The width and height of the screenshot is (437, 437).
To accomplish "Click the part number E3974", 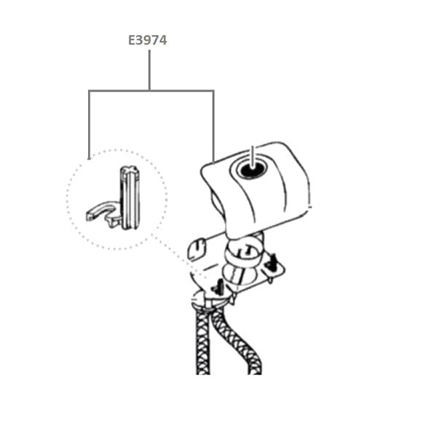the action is (x=147, y=40).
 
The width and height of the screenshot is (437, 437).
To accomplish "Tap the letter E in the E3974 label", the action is (x=131, y=40).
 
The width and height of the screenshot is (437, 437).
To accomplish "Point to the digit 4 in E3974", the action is (x=163, y=40).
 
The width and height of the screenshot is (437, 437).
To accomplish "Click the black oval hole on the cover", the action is (x=252, y=169).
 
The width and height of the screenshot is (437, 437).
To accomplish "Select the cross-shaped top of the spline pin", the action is (x=130, y=170).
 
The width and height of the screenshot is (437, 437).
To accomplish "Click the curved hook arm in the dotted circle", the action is (x=100, y=210).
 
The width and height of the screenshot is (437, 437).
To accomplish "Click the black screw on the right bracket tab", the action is (x=271, y=262).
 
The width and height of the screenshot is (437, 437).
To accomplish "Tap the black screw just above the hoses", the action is (x=218, y=287).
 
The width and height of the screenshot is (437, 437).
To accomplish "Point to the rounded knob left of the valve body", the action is (x=197, y=248).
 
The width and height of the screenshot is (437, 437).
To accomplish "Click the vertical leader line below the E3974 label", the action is (x=149, y=70).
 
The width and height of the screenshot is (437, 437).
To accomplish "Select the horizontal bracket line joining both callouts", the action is (x=151, y=90).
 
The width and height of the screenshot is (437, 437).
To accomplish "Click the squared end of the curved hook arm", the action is (x=90, y=216).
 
